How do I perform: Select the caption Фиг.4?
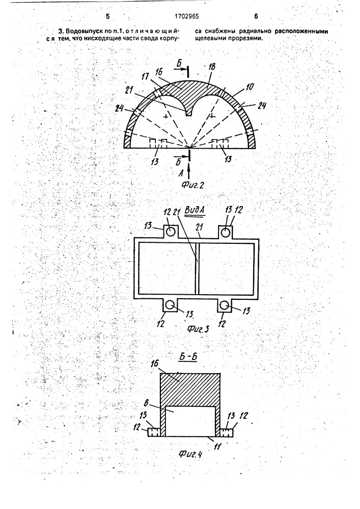click(x=190, y=454)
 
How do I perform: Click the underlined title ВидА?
click(x=193, y=210)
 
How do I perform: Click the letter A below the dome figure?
click(x=181, y=174)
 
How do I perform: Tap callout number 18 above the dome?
click(x=211, y=67)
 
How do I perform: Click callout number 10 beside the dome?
click(x=250, y=87)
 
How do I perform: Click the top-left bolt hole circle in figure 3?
click(x=171, y=232)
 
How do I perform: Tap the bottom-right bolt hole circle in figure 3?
click(x=225, y=304)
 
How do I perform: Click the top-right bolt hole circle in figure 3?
click(x=226, y=232)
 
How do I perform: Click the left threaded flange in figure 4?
click(x=154, y=432)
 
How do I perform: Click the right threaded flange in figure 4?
click(x=227, y=432)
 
